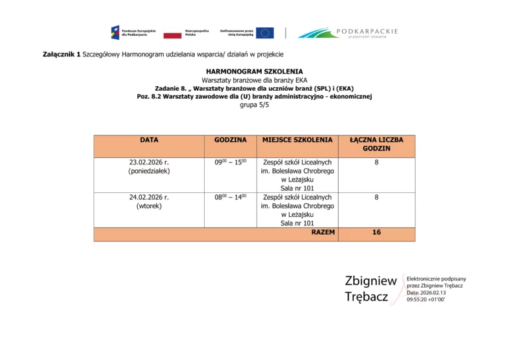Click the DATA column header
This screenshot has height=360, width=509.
coord(149,140)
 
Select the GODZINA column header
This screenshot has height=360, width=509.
coord(231,140)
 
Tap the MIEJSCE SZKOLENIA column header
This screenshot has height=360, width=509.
coord(298,140)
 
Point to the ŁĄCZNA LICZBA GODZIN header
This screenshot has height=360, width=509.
coord(376,144)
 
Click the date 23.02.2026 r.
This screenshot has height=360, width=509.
coord(149,162)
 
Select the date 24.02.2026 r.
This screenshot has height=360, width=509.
coord(149,197)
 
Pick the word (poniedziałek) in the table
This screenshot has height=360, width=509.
coord(149,171)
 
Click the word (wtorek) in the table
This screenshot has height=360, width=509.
coord(149,206)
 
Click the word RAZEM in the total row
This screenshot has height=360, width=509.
coord(323,233)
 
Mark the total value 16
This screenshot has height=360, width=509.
coord(376,233)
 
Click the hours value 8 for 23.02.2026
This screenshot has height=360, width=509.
coord(376,162)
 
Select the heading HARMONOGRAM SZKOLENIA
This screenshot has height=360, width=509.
coord(254,70)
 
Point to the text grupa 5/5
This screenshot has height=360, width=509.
coord(254,105)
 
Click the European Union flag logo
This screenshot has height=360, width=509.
coord(265,32)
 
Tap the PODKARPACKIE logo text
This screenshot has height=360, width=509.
coord(367,30)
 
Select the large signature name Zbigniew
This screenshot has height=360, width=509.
coord(370,280)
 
